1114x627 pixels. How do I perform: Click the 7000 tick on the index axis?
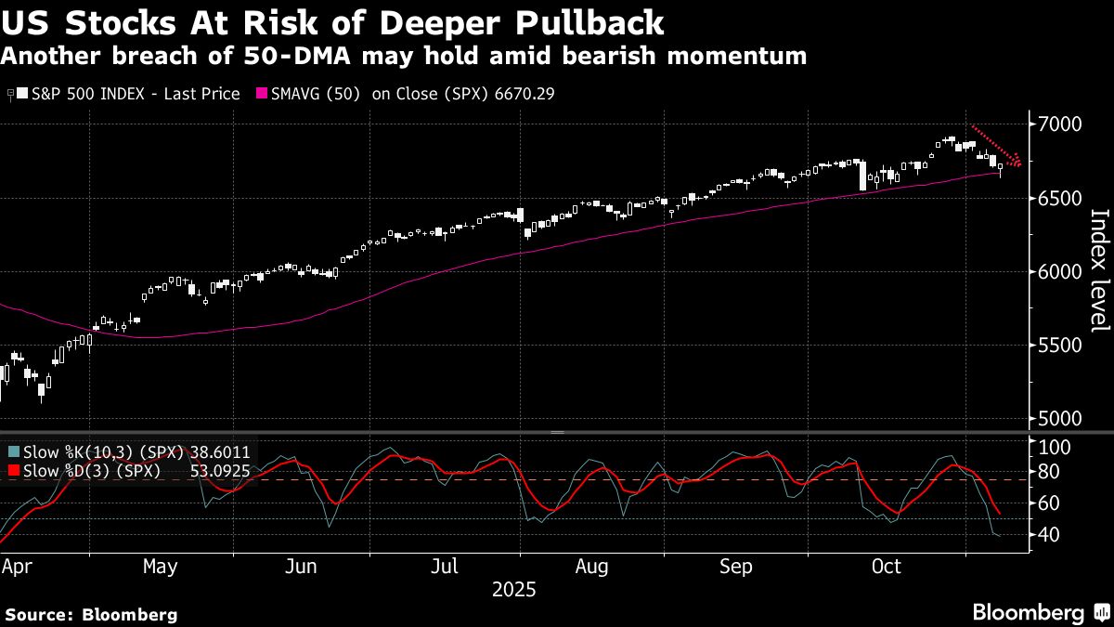point(1058,124)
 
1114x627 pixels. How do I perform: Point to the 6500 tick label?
point(1058,198)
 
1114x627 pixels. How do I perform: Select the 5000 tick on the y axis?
point(1058,419)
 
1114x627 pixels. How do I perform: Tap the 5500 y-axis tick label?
point(1058,346)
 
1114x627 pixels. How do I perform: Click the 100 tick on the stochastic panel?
point(1054,448)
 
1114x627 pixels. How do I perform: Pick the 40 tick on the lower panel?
point(1049,534)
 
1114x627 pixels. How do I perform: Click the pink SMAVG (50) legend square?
point(261,94)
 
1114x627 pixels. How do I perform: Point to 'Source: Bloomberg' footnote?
point(91,614)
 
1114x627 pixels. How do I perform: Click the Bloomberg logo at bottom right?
point(1027,612)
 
